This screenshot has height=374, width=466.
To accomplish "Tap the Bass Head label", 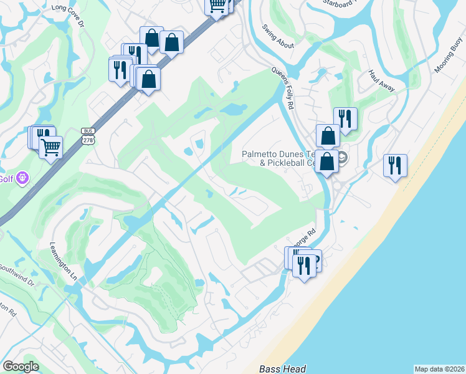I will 283,369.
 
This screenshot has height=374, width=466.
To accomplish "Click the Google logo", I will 21,367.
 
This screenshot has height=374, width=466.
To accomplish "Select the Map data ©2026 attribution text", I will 439,369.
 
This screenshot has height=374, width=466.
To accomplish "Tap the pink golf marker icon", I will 22,178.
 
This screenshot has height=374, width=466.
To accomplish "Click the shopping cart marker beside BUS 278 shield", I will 50,147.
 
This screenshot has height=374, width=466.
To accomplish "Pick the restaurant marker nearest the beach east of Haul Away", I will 395,165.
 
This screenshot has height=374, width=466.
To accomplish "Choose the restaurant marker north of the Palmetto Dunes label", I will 345,118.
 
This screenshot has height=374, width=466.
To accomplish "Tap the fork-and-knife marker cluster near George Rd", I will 303,266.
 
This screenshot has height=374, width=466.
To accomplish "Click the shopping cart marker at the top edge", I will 216,6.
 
